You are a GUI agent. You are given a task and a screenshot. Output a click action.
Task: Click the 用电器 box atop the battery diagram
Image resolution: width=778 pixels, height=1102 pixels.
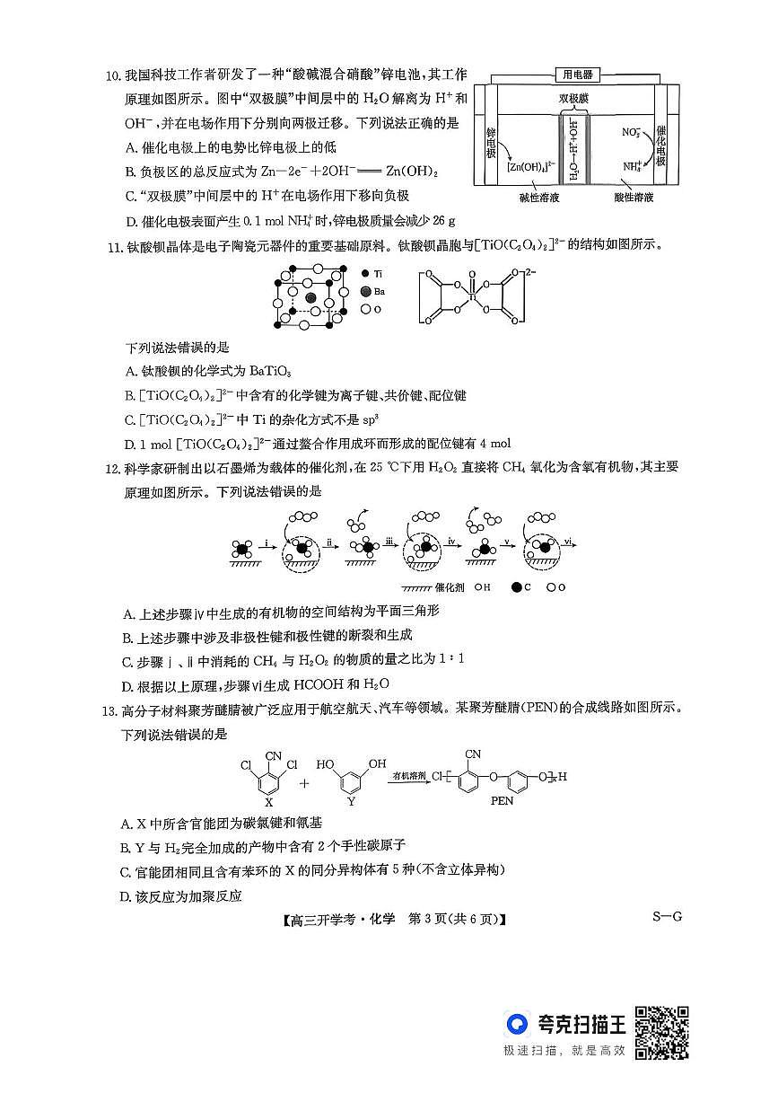click(x=577, y=75)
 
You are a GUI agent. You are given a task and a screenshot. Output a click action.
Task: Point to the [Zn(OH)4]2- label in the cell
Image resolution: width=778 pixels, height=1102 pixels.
click(x=527, y=166)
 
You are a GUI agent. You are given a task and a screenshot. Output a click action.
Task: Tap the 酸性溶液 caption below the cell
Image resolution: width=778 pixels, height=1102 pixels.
click(x=634, y=197)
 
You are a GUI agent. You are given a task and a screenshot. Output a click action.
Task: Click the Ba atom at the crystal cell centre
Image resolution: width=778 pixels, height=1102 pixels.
click(x=310, y=297)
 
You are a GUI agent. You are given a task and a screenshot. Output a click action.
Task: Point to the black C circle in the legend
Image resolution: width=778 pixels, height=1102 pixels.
click(x=516, y=587)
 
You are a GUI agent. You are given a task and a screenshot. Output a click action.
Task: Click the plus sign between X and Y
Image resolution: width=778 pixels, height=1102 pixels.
click(x=304, y=782)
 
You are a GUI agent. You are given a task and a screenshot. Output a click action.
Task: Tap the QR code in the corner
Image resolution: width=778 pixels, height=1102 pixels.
click(x=663, y=1032)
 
